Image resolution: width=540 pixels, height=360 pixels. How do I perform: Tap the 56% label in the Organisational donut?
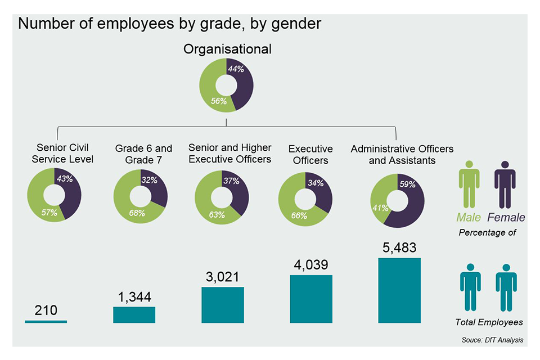(x=219, y=101)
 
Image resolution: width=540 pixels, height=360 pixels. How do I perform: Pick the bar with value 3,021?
(x=223, y=305)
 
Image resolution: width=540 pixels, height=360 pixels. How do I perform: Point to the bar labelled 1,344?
(x=134, y=314)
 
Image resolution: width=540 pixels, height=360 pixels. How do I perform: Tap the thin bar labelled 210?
(x=46, y=321)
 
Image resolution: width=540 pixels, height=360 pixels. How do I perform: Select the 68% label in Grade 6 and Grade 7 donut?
(x=136, y=213)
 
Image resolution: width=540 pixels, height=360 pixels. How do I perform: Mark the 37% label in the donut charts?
(x=231, y=181)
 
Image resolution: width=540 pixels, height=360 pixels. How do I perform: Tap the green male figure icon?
(x=469, y=184)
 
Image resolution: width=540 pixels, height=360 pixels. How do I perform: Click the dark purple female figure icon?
(x=505, y=184)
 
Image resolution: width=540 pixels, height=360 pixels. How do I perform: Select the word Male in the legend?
(x=469, y=218)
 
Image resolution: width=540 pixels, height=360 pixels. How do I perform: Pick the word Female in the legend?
(x=506, y=218)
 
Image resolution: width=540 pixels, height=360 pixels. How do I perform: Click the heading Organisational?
(x=227, y=49)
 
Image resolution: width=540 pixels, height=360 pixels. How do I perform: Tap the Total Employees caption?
(x=488, y=322)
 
